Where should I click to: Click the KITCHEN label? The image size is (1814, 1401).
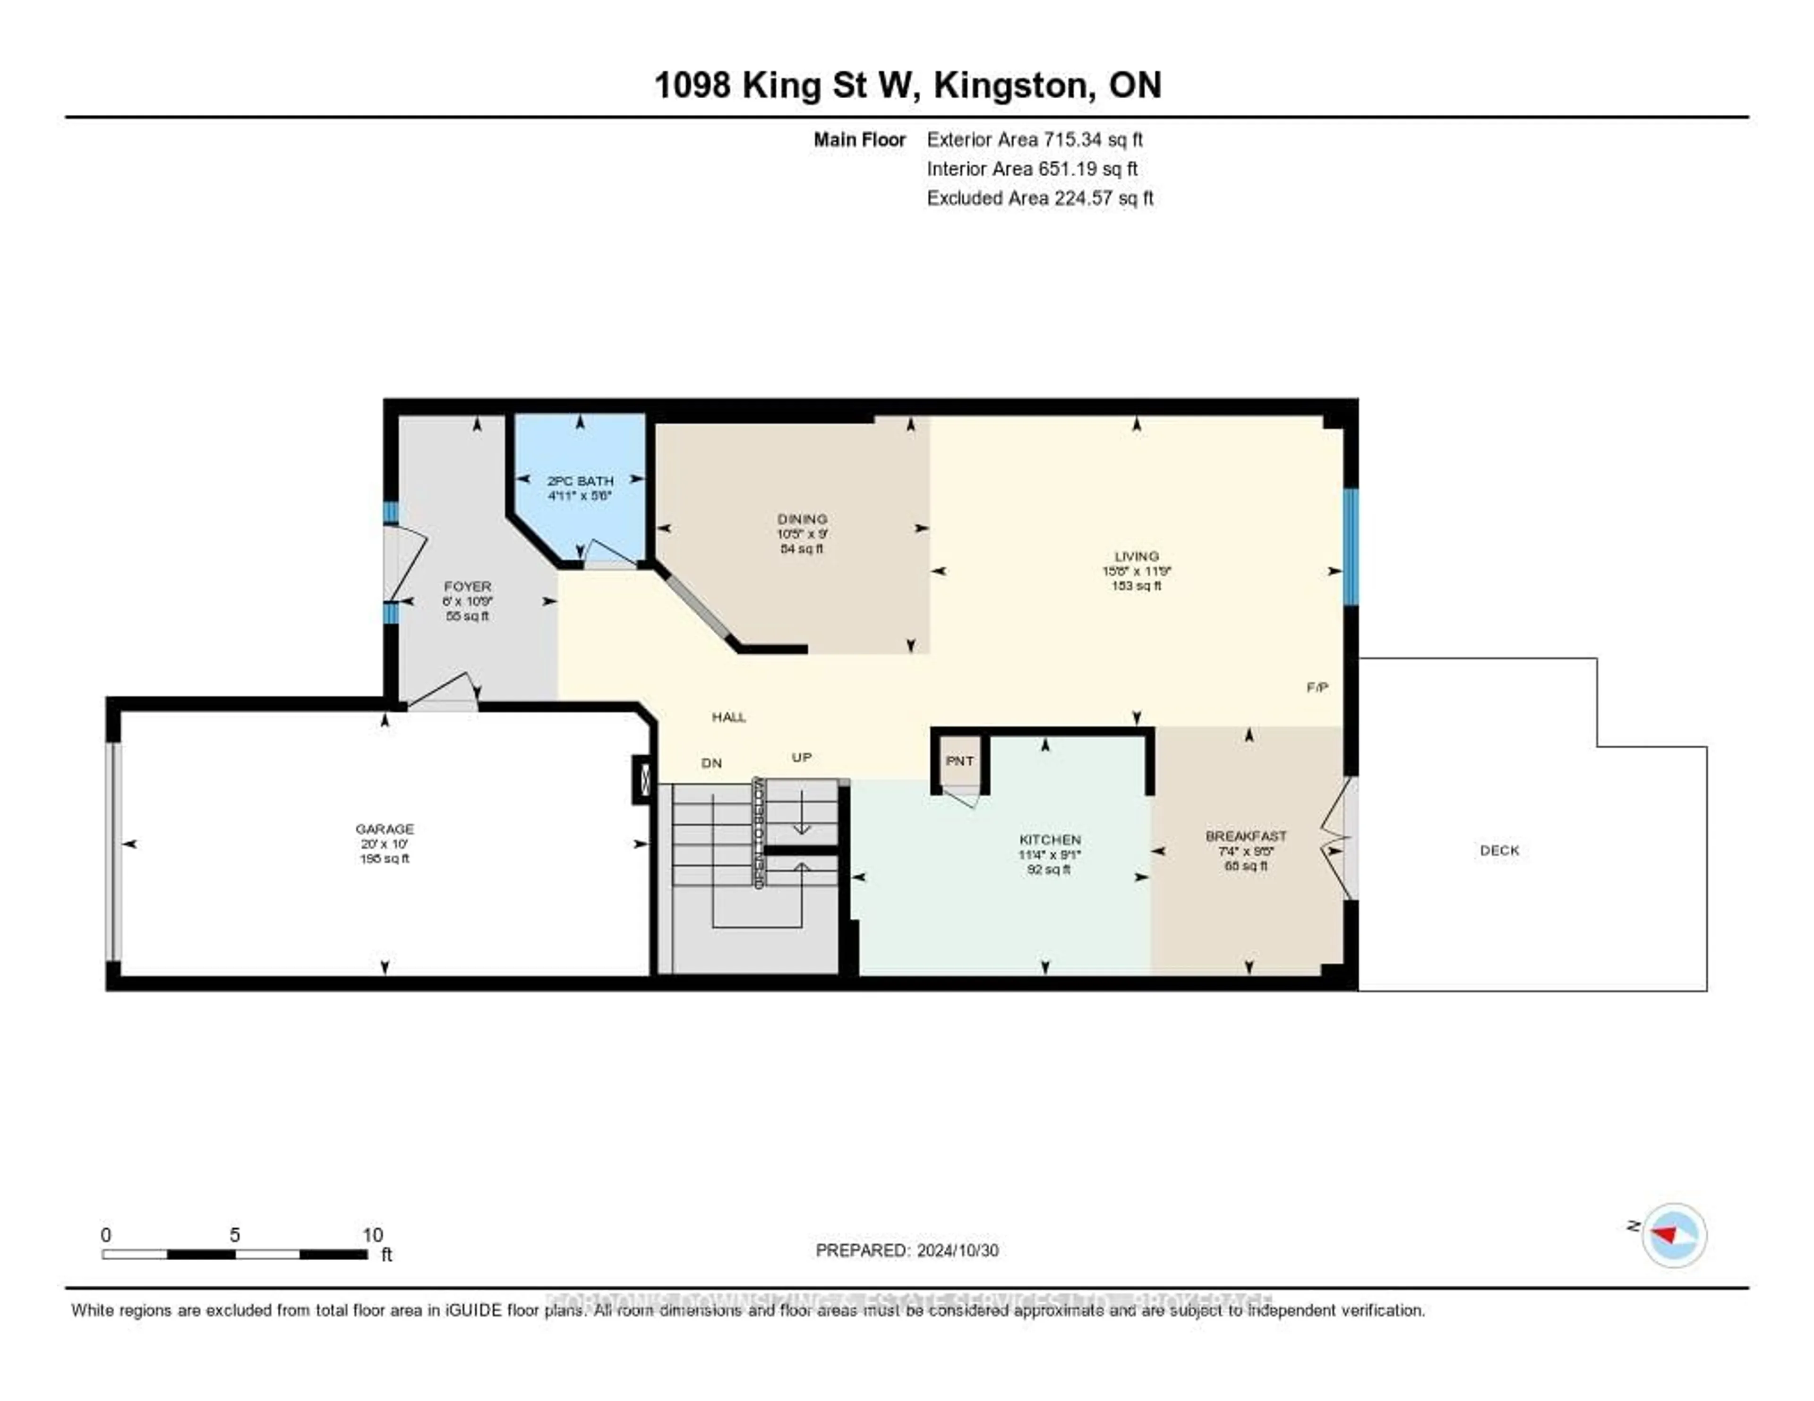[1050, 839]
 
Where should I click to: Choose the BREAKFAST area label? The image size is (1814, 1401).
[1246, 836]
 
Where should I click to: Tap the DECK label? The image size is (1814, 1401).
[1499, 850]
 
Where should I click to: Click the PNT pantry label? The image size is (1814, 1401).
[959, 760]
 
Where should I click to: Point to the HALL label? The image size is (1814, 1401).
[728, 717]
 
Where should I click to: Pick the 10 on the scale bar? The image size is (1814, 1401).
[372, 1235]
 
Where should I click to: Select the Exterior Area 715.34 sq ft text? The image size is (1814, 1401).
[1035, 139]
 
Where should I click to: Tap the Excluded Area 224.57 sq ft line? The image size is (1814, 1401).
[1040, 197]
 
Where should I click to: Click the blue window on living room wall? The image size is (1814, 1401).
[1351, 547]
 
